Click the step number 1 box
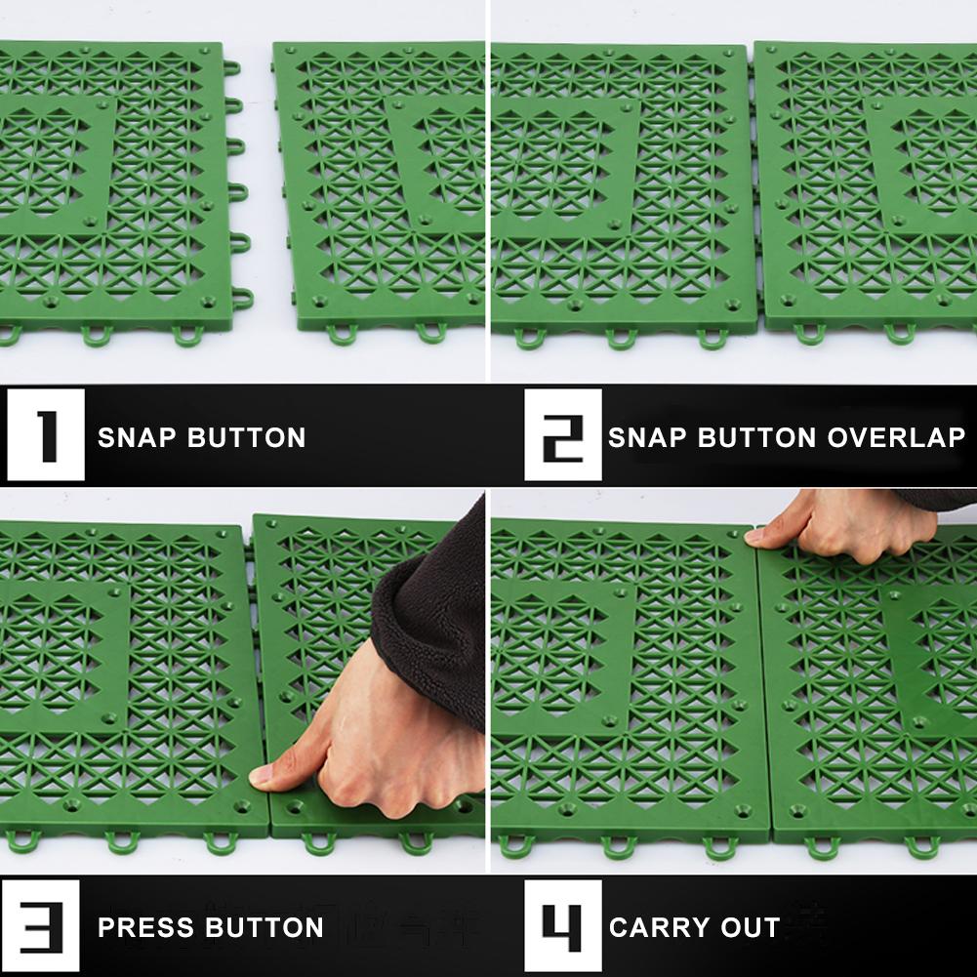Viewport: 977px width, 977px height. (46, 435)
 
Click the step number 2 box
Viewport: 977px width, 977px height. (562, 435)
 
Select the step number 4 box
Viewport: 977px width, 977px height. (562, 925)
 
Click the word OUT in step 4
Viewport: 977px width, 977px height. (753, 926)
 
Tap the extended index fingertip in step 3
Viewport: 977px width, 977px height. (261, 777)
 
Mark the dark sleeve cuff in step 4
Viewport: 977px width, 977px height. (937, 499)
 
